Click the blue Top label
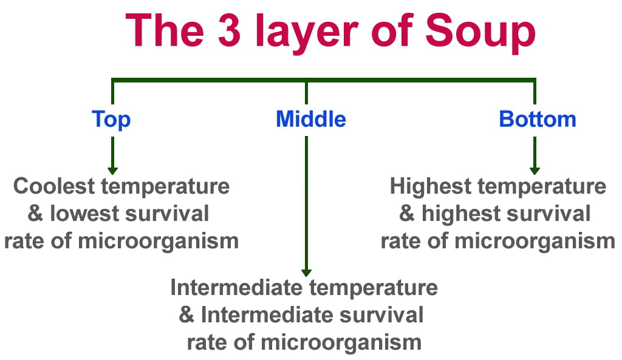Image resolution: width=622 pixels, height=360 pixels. (111, 120)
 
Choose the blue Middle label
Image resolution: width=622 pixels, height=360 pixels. (310, 119)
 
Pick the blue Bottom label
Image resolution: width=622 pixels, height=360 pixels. (537, 119)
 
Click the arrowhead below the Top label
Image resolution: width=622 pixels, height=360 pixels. (112, 170)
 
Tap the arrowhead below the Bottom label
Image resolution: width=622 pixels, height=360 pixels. (535, 170)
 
